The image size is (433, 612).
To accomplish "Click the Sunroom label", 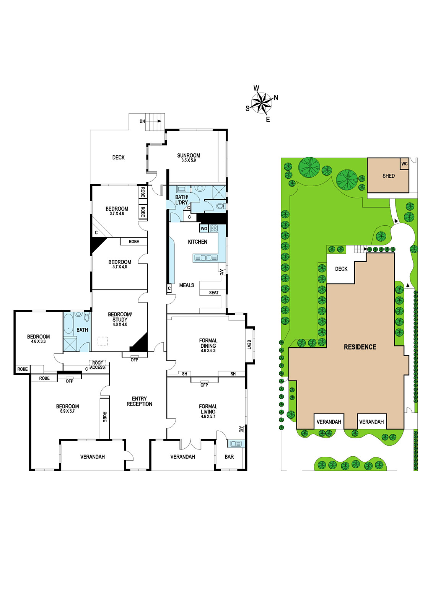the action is tap(189, 155).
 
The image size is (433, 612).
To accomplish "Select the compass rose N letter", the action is tap(276, 98).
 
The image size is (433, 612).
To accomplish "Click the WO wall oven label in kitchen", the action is tap(204, 229).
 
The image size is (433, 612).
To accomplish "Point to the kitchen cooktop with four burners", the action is tap(214, 228).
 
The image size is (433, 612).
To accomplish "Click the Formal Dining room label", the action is tap(208, 343).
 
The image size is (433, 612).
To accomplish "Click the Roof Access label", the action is tap(97, 365).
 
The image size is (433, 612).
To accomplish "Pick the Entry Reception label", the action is tap(139, 401).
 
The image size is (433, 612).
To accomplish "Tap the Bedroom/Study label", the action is tap(120, 317).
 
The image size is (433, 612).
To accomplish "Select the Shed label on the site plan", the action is tap(389, 176).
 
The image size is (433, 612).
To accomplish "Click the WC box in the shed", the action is tap(405, 164).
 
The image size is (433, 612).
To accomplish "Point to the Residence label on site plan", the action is tap(360, 347).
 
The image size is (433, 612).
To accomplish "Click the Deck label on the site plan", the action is tap(341, 269).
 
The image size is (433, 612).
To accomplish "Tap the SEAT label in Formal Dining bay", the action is tap(249, 344).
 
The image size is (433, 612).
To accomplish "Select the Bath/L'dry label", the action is tap(181, 200).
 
